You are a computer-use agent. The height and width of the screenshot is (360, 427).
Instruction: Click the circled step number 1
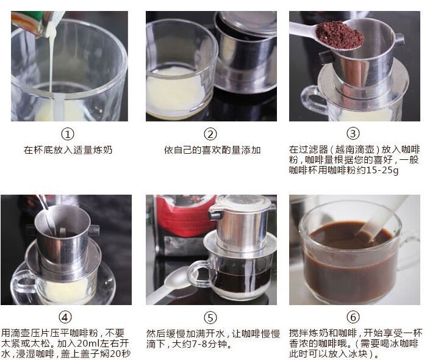click(68, 134)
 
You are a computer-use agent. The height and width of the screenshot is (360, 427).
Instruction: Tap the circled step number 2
click(210, 134)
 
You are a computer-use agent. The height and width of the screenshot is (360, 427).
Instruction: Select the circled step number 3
click(353, 134)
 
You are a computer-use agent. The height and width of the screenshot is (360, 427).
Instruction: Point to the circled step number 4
click(65, 317)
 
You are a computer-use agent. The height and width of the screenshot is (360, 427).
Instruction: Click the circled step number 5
click(210, 317)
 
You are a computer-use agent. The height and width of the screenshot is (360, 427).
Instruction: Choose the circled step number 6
click(353, 317)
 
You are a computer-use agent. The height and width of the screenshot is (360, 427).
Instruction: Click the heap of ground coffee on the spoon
click(340, 35)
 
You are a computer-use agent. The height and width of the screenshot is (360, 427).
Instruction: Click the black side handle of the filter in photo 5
click(216, 215)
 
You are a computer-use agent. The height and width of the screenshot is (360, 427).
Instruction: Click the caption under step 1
click(68, 150)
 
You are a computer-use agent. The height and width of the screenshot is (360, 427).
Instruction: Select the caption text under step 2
click(212, 150)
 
